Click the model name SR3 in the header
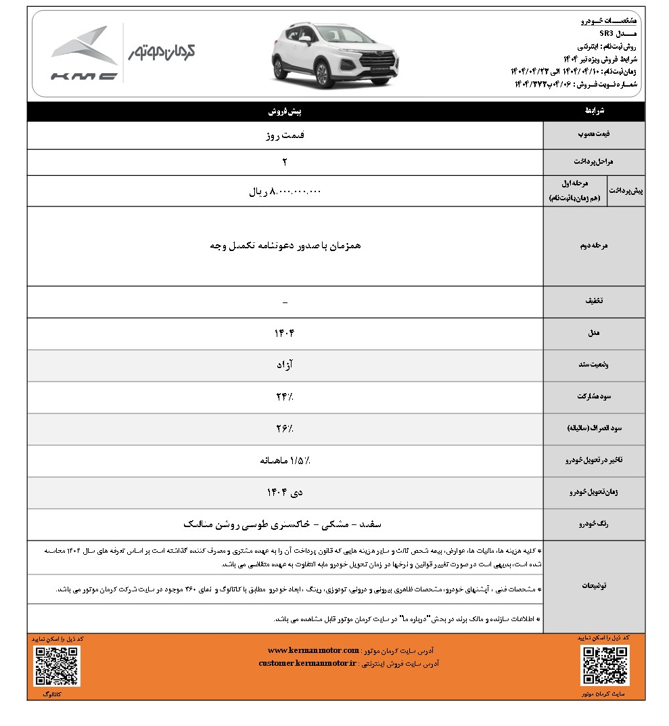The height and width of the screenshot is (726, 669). point(607,32)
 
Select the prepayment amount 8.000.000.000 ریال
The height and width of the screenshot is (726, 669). point(285,191)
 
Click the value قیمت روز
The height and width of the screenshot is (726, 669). point(285,135)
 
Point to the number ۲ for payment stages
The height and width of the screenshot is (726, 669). point(285,162)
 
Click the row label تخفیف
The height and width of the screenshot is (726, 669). point(594,301)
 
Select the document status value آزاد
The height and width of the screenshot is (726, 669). point(285,365)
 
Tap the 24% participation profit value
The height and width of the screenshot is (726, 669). point(285,397)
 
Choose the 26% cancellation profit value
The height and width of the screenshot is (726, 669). point(285,429)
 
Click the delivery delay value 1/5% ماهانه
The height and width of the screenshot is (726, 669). point(285,461)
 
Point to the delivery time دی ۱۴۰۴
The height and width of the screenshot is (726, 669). point(285,493)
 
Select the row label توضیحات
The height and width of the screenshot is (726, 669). point(594,586)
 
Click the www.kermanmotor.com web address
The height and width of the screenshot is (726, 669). point(313,650)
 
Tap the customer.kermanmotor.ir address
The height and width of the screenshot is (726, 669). point(308,664)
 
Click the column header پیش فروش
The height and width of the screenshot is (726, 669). point(285,111)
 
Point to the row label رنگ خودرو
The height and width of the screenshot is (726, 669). point(594,524)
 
